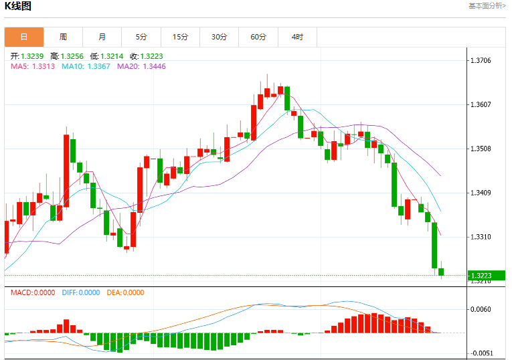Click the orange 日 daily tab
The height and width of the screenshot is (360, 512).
24,37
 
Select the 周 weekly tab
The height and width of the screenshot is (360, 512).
64,37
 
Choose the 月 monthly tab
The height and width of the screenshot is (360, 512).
102,37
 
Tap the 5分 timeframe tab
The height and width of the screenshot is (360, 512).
141,37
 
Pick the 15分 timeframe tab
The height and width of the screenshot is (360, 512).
181,37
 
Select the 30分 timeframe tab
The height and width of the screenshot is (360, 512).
220,37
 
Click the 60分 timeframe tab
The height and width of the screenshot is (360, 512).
258,37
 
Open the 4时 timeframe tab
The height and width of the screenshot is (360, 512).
297,37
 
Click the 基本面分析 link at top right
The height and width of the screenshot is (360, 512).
487,6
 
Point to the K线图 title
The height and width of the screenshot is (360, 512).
17,6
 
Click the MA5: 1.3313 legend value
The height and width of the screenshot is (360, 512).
33,66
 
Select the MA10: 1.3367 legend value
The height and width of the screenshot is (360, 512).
86,66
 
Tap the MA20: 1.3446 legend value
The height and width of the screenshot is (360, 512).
141,66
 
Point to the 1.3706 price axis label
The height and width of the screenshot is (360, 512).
481,60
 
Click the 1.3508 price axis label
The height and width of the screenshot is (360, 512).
481,149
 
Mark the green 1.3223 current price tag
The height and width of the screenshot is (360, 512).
486,276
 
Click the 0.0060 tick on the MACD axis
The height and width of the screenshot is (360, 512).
481,309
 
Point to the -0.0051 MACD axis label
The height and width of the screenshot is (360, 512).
479,353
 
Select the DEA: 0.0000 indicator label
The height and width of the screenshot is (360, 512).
125,292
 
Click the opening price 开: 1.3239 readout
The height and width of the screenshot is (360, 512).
27,56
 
